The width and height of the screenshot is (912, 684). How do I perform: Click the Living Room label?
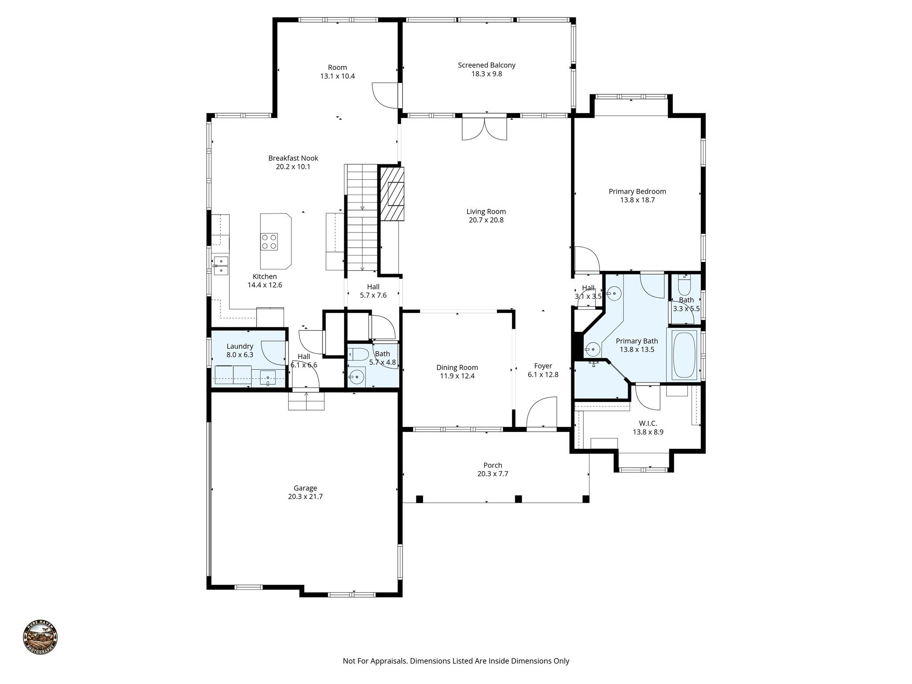(486, 212)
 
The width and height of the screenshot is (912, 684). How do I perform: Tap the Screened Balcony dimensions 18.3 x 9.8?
(486, 74)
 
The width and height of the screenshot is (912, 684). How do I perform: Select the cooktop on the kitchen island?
(269, 242)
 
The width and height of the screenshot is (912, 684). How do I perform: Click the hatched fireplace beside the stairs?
(392, 194)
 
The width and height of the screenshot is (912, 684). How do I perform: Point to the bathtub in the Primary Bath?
(684, 354)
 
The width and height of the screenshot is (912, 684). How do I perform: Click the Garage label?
(305, 488)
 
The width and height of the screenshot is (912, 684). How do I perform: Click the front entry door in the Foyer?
(542, 413)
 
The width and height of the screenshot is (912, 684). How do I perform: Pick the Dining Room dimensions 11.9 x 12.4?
(457, 376)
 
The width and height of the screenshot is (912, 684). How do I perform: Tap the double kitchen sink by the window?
(221, 265)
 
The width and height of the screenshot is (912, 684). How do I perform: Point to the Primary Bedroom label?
(637, 191)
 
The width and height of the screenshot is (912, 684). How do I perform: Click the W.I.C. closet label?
(648, 423)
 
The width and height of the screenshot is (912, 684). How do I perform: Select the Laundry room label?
(240, 346)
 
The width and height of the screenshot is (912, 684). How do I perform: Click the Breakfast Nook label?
(293, 158)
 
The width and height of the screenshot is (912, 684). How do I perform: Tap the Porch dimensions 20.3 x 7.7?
(493, 474)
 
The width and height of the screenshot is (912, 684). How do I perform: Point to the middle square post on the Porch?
(518, 499)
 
